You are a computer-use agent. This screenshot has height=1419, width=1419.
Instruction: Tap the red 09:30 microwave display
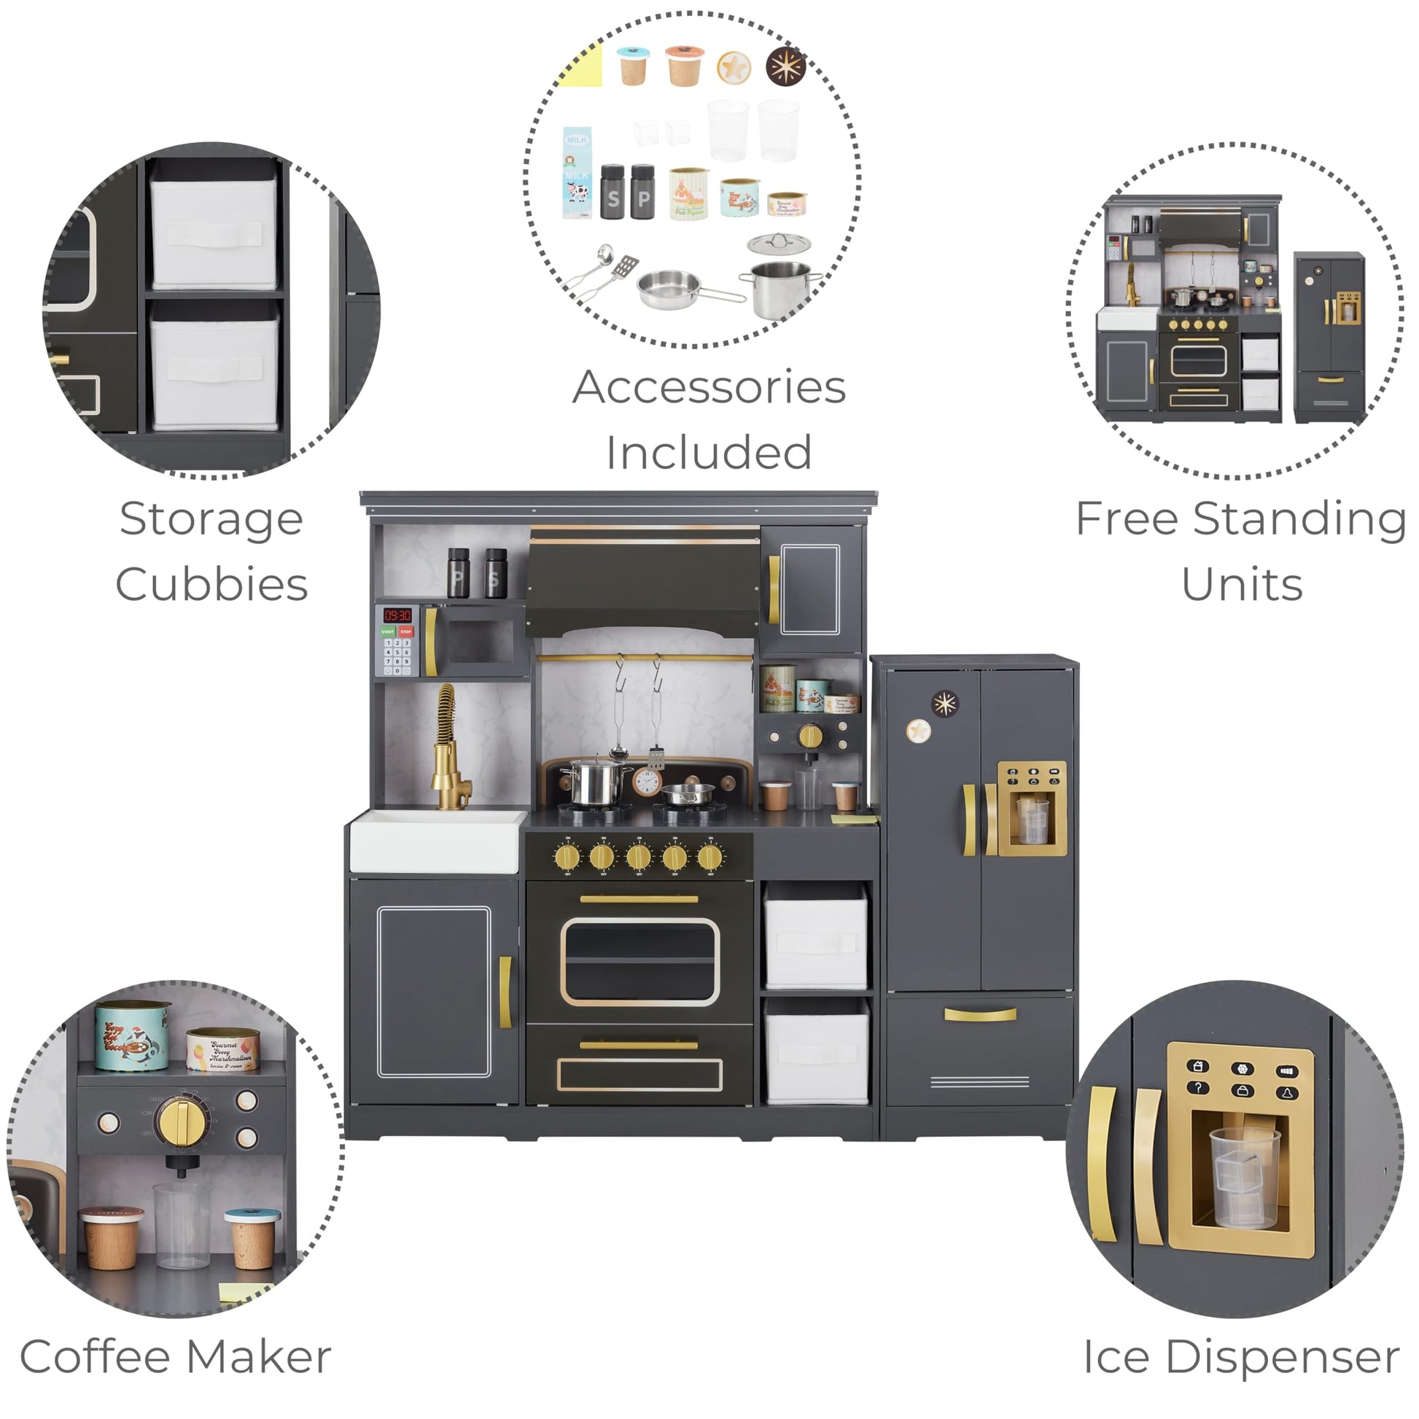[x=397, y=615]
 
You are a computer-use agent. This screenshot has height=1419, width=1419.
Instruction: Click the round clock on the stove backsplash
[x=646, y=782]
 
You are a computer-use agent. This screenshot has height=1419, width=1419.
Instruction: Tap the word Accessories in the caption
[x=709, y=387]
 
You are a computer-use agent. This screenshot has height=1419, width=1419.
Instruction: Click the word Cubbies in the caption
[x=211, y=585]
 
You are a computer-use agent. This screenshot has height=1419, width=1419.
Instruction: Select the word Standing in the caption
[x=1299, y=519]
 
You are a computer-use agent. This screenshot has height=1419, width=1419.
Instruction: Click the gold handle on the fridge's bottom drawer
[x=980, y=1015]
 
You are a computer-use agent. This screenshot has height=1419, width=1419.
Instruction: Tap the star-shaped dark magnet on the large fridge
[x=944, y=704]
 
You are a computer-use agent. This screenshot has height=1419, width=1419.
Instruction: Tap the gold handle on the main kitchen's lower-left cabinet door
[x=505, y=992]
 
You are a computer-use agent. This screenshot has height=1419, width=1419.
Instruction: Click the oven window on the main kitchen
[x=639, y=961]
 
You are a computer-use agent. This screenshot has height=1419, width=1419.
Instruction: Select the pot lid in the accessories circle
[x=780, y=243]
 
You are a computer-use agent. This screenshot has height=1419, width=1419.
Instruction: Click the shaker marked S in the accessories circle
[x=613, y=193]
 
